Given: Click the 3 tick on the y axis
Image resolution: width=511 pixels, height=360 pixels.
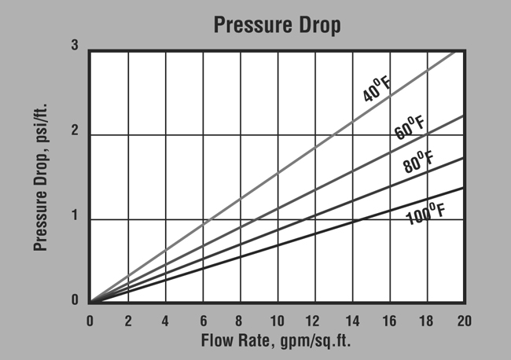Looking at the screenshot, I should coord(74,46).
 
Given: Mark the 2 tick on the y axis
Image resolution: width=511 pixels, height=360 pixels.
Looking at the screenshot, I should coord(74,132).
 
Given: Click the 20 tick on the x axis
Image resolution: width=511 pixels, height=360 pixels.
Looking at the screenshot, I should coord(464,321).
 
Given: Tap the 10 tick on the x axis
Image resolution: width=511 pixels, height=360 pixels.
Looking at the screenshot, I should coord(277,321).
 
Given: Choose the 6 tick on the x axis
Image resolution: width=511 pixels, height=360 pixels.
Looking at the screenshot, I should coord(202,321).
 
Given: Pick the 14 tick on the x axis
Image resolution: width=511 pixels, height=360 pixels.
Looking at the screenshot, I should coord(351,321).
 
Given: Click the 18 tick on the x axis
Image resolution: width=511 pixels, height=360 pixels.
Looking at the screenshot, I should coord(426,321).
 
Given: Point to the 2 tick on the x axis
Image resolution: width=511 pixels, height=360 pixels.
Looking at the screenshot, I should coord(127,321).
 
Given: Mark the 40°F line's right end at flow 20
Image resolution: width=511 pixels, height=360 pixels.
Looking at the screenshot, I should coord(462,50).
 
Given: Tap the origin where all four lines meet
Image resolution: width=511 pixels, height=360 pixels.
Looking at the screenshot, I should coord(90,302).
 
